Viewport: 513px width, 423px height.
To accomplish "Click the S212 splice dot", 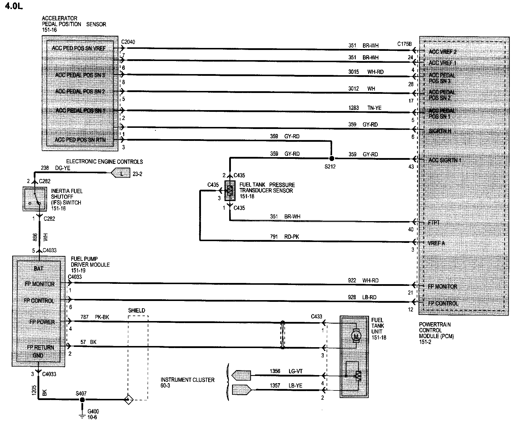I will click(331, 159).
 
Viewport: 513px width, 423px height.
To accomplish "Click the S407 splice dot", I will click(82, 400).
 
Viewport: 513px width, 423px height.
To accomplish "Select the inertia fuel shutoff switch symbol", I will click(35, 199).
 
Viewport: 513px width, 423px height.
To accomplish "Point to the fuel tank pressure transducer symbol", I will click(230, 190).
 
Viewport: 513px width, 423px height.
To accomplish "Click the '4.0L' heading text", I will click(14, 6).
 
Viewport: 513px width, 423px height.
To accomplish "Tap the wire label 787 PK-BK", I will click(95, 317).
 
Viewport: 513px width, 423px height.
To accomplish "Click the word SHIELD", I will click(137, 311).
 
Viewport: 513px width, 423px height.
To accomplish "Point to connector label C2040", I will click(128, 42).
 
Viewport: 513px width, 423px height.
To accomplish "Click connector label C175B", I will click(405, 44).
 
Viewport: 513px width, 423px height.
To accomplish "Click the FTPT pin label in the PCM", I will click(434, 223).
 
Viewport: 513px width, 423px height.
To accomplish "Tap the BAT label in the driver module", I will click(38, 268).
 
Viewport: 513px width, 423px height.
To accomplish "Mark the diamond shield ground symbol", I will click(129, 400).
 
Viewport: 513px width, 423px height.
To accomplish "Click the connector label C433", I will click(316, 316).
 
